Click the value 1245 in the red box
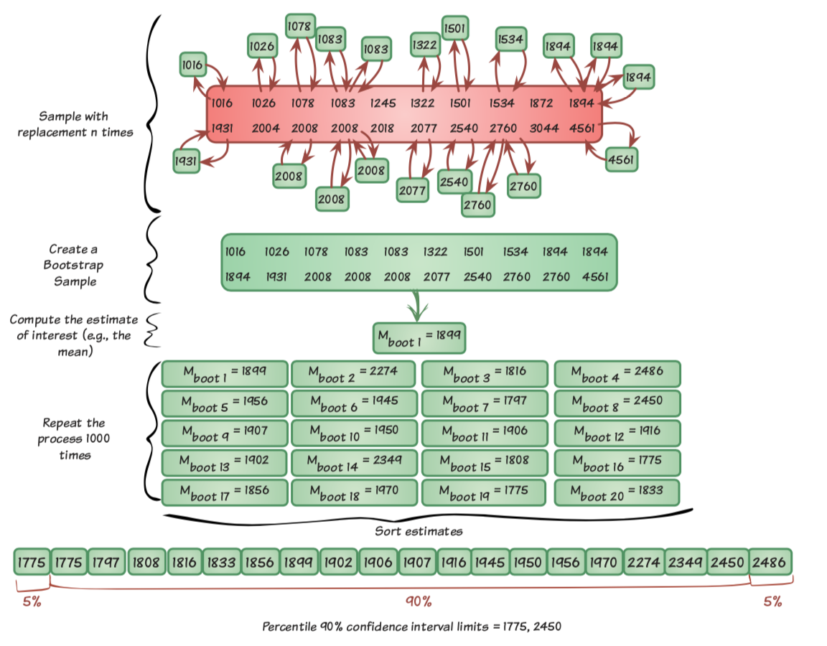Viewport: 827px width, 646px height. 383,103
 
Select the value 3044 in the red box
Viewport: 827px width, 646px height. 543,128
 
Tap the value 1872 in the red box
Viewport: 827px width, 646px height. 541,103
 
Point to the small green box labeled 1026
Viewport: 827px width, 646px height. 262,47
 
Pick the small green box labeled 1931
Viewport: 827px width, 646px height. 186,162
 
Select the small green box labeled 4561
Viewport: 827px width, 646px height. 620,159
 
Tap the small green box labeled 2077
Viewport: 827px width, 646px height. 413,189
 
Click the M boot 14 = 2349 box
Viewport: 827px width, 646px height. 354,463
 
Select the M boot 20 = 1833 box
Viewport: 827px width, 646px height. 617,492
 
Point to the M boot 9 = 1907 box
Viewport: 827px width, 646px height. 225,434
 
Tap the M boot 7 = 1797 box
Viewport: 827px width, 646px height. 485,403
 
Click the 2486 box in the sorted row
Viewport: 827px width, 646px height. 770,562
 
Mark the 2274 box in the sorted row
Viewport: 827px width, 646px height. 643,562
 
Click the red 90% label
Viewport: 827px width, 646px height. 418,601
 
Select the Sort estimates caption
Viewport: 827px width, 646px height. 419,532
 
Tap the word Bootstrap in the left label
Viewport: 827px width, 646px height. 75,266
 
